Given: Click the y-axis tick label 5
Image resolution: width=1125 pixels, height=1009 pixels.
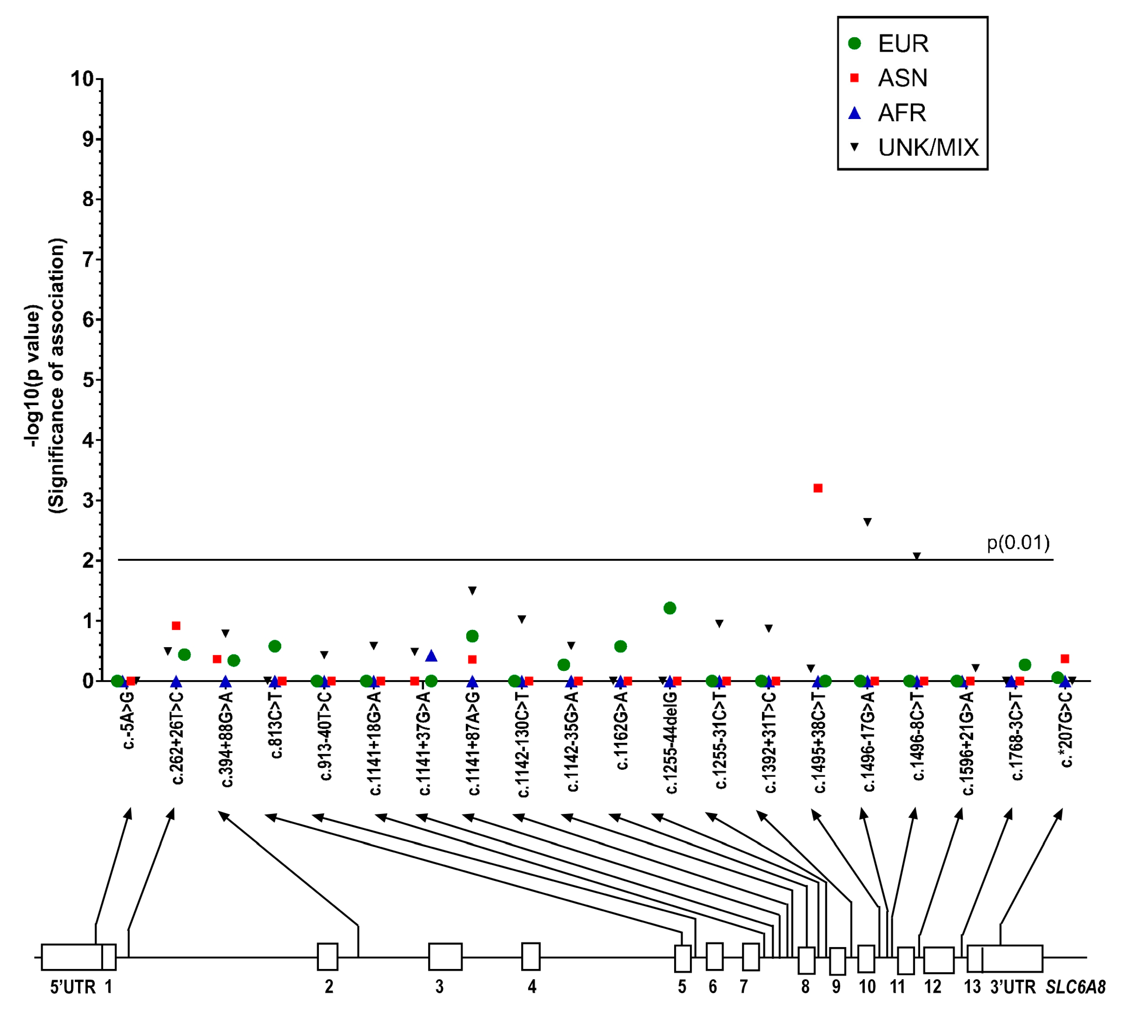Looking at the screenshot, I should coord(88,380).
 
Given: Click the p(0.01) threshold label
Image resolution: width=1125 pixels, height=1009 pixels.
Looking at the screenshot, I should coord(1018,542).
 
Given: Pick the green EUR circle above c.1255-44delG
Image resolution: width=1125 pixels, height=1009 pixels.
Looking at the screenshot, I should coord(669,608).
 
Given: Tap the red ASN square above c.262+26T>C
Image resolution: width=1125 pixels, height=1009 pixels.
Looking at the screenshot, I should coord(176,625).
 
